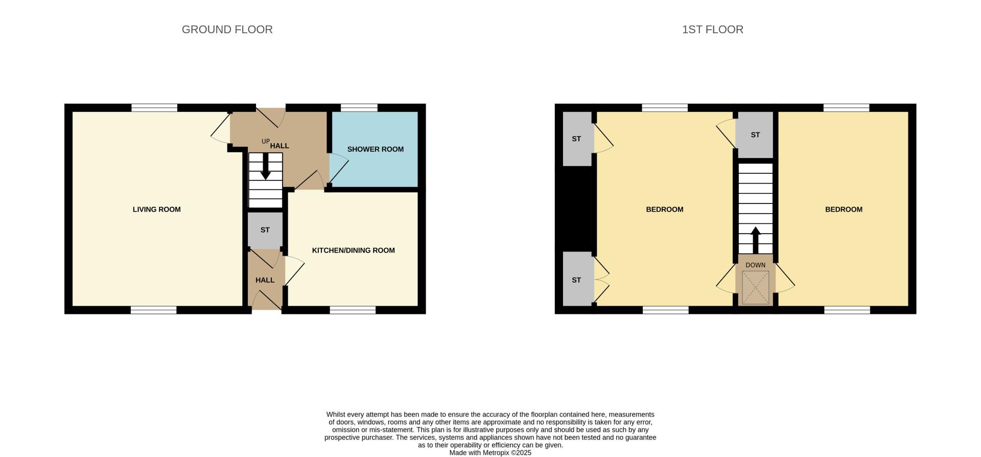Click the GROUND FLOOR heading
pos(227,30)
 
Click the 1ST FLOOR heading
pos(712,30)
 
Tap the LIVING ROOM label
pos(156,209)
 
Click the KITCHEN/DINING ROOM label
pos(353,250)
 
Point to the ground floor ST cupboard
pos(265,230)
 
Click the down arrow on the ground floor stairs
pos(265,167)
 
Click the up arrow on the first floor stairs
pos(755,239)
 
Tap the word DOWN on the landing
pos(755,265)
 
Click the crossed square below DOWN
pos(755,288)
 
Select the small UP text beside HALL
pos(265,142)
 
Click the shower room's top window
pos(359,107)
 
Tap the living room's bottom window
pos(153,310)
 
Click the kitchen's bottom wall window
pos(353,310)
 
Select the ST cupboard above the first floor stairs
pos(755,135)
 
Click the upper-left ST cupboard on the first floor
pos(577,139)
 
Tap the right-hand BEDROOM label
pos(844,209)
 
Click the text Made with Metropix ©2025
pos(490,453)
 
